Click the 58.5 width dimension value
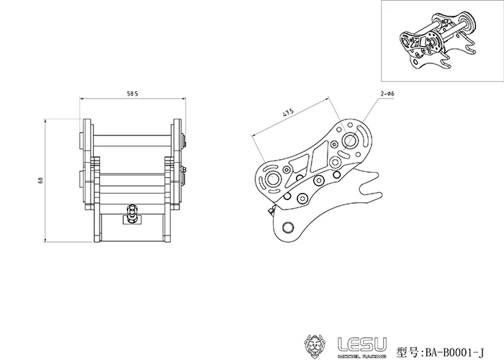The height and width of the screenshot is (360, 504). tap(132, 93)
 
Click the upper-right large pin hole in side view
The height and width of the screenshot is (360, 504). tap(352, 140)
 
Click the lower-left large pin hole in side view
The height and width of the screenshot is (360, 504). tap(272, 179)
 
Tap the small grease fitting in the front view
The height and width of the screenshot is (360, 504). tap(131, 212)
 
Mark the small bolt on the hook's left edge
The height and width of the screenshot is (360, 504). tap(271, 210)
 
